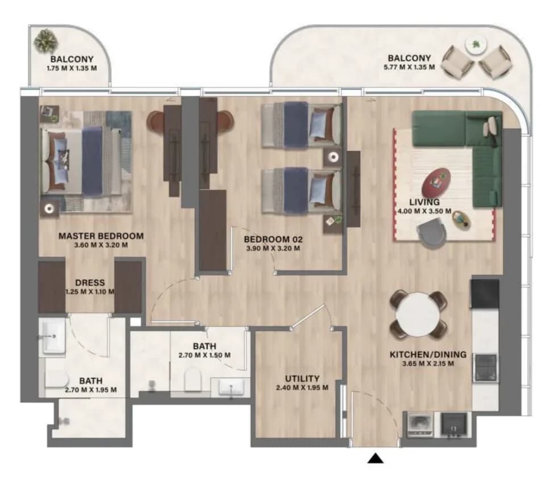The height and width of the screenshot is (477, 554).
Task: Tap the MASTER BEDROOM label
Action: pos(101,236)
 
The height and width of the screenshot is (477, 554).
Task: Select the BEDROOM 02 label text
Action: pos(273,240)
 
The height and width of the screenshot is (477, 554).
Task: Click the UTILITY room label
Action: pos(302,379)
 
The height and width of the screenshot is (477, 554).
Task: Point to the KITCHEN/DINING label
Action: pos(428,354)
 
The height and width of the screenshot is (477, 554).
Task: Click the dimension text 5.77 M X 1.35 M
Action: pos(409,67)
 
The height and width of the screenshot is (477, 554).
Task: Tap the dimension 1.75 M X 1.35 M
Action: pos(72,68)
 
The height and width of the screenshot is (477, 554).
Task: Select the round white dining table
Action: pos(418,315)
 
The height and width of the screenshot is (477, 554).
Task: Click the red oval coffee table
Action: pos(436,182)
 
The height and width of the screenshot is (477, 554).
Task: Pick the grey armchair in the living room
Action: pos(432,232)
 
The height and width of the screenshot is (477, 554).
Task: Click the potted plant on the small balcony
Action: pos(46,41)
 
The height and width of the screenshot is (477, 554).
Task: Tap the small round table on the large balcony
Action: pos(476,45)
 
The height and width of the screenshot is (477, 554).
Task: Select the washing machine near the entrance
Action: pos(420,424)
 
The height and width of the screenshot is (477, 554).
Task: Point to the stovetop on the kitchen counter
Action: pos(485,367)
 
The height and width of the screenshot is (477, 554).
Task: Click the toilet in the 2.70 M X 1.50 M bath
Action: pos(193,379)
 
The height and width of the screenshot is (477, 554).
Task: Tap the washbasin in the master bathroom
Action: pos(53,337)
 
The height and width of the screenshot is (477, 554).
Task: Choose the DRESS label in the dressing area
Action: pos(90,283)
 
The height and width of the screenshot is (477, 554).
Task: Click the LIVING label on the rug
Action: pos(424,202)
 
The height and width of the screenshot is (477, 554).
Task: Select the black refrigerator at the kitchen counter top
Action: pos(485,294)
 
